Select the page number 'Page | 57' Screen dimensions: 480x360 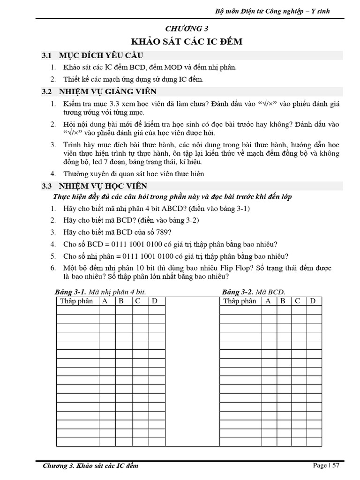pos(326,465)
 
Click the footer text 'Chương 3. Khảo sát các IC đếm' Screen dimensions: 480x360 pos(90,466)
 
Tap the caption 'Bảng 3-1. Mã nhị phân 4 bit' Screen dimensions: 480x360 pos(101,292)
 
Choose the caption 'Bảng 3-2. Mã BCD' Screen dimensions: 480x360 pos(254,292)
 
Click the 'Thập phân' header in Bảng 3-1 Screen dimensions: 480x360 pos(76,301)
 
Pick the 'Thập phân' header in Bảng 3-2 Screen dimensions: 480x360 pos(240,301)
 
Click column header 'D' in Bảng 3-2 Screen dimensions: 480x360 pos(313,301)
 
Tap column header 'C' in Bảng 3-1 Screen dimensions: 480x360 pos(138,301)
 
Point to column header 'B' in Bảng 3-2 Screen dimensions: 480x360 pos(283,301)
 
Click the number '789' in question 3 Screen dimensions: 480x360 pos(164,232)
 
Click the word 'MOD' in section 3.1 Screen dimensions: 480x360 pos(173,67)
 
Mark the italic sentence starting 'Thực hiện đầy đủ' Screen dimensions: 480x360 pos(173,197)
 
